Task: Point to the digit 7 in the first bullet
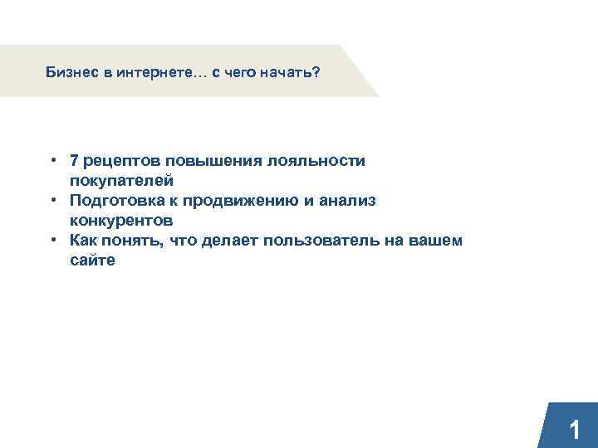pyautogui.click(x=75, y=160)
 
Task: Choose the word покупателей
pyautogui.click(x=121, y=180)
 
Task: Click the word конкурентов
pyautogui.click(x=121, y=220)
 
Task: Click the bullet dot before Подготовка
pyautogui.click(x=52, y=200)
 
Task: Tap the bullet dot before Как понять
pyautogui.click(x=52, y=240)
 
